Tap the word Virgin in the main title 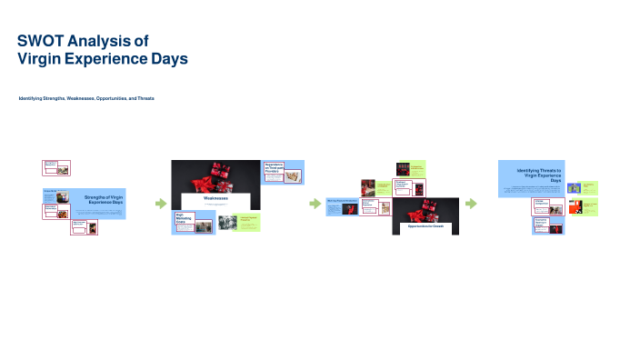(41, 59)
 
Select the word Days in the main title (169, 59)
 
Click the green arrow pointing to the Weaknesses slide (161, 204)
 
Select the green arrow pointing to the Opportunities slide (315, 204)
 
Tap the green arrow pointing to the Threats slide (471, 204)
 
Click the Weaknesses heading (215, 197)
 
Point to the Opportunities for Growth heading (426, 225)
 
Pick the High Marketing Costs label (185, 218)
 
